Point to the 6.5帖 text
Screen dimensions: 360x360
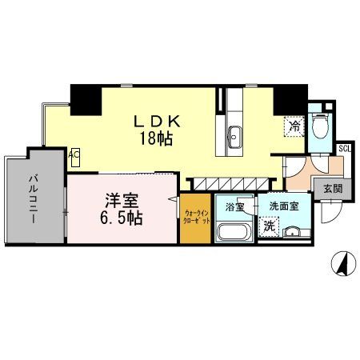(122, 217)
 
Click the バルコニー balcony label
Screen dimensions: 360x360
(36, 200)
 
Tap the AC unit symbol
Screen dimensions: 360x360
(74, 155)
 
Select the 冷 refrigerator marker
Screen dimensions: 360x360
(294, 126)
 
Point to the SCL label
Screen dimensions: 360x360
(344, 148)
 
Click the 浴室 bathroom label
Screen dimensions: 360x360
(234, 206)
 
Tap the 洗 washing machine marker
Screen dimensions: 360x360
(271, 227)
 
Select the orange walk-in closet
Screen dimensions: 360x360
(196, 219)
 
